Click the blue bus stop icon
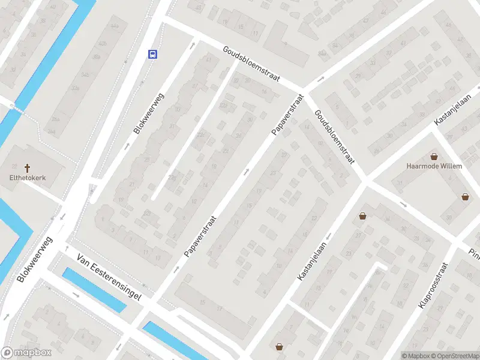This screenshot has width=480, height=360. point(153,54)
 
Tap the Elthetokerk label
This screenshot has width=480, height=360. point(27,178)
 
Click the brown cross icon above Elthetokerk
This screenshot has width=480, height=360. point(27,167)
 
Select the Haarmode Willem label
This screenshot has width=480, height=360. point(434,166)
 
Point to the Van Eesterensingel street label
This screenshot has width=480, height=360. point(108,279)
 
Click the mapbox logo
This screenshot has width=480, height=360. point(26,353)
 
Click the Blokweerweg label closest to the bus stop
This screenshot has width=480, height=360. point(149,113)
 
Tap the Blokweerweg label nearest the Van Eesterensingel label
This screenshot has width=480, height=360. point(35,259)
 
